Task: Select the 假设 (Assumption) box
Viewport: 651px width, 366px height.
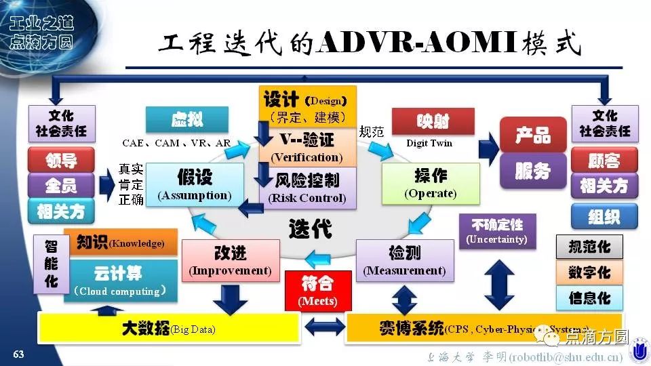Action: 195,184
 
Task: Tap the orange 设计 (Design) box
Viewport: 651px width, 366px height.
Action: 307,106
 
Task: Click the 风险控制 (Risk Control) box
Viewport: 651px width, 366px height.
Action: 307,189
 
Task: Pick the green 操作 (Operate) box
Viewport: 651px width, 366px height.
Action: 430,184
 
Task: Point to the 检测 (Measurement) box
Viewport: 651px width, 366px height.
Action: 405,261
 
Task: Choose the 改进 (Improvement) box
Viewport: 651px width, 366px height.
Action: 231,260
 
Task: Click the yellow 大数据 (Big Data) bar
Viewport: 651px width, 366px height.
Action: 170,329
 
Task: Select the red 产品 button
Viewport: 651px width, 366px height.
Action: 533,134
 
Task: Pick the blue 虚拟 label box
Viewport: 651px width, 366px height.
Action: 186,121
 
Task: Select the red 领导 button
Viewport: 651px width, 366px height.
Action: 61,160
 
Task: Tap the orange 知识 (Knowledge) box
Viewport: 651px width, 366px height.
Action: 120,243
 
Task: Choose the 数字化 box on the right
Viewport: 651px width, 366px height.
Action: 589,272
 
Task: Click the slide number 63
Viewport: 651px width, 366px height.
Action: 19,354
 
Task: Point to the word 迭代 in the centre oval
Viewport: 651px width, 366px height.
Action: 311,229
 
